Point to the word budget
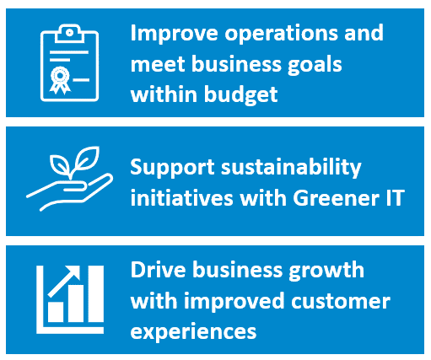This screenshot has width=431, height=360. [x=241, y=94]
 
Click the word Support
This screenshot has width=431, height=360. [x=172, y=168]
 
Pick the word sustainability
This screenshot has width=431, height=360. [x=291, y=168]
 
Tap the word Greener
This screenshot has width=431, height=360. [x=336, y=198]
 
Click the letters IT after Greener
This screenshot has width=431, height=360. [x=396, y=198]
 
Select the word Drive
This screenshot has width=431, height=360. [x=159, y=270]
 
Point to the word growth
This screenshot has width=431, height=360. [x=326, y=271]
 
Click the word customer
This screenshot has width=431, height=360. [x=341, y=301]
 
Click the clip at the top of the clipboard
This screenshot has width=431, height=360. [x=69, y=34]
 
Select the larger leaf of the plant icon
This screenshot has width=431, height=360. [x=87, y=158]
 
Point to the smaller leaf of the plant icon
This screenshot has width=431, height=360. [x=60, y=164]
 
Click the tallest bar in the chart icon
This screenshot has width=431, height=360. [x=96, y=293]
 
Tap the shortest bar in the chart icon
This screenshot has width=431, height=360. [x=56, y=312]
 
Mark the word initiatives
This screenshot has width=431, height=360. [x=182, y=197]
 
